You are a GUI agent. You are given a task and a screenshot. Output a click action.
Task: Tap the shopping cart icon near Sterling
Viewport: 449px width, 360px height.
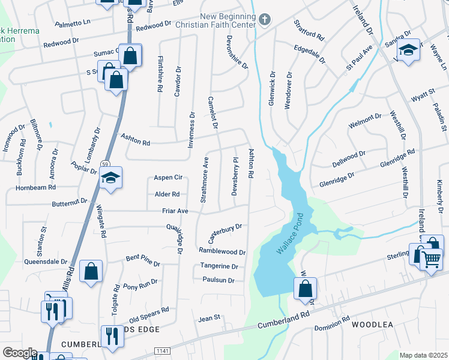(432, 260)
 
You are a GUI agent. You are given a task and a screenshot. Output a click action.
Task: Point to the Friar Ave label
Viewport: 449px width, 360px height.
(175, 211)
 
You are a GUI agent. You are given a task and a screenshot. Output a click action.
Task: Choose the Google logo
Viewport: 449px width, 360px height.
(19, 353)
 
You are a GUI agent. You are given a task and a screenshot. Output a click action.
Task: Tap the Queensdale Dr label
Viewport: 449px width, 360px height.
(45, 262)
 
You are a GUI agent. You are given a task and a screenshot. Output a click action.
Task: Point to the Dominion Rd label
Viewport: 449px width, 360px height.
(332, 324)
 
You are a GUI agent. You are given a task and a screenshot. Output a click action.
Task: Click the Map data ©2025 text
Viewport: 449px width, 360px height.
(423, 355)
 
